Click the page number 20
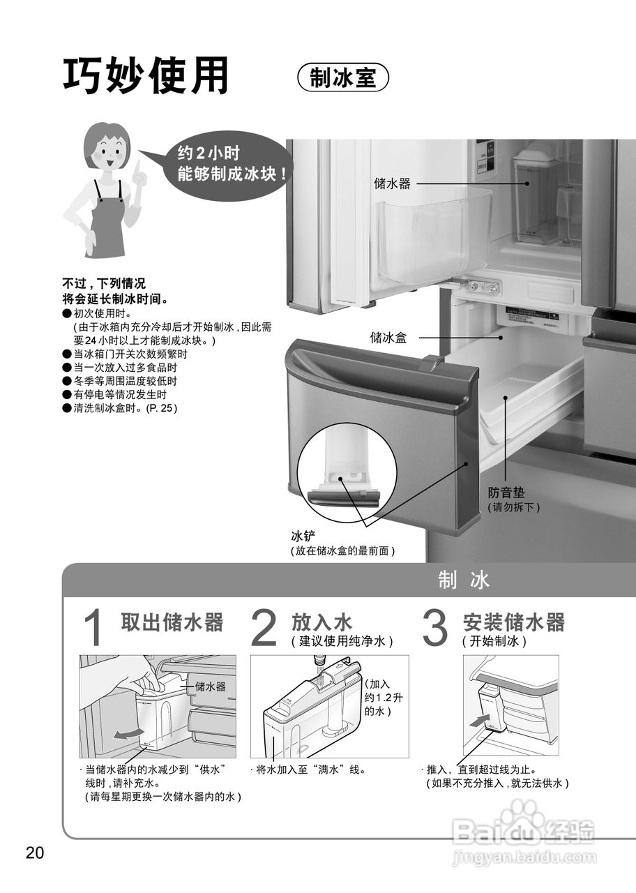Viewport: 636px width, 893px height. click(35, 853)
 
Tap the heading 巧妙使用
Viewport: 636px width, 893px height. click(146, 76)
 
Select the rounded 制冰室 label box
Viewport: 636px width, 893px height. click(342, 77)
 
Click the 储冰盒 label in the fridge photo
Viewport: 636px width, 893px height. click(388, 338)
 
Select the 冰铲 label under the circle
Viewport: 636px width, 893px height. click(303, 536)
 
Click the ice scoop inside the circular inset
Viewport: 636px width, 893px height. click(345, 496)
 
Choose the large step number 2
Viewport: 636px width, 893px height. click(264, 629)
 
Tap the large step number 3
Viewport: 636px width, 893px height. click(435, 629)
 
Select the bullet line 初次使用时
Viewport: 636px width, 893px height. click(97, 314)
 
